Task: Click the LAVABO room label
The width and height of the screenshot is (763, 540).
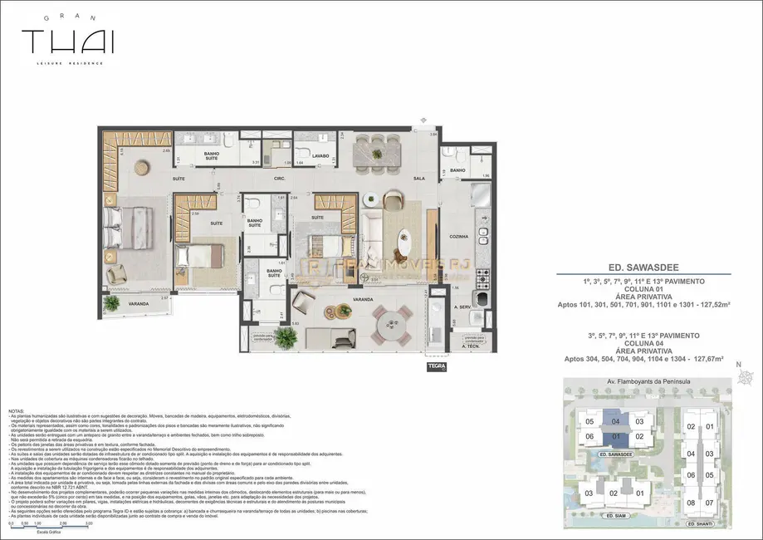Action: click(x=321, y=155)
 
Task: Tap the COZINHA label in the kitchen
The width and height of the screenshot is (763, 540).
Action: click(x=459, y=236)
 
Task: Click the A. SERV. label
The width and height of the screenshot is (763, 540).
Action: click(x=462, y=307)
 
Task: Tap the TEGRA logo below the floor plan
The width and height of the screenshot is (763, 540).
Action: click(x=437, y=366)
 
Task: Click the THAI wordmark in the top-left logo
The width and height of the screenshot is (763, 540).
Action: click(x=68, y=41)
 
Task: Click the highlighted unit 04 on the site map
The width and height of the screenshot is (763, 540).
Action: click(x=615, y=421)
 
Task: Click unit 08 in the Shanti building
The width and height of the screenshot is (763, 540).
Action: click(x=690, y=503)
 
